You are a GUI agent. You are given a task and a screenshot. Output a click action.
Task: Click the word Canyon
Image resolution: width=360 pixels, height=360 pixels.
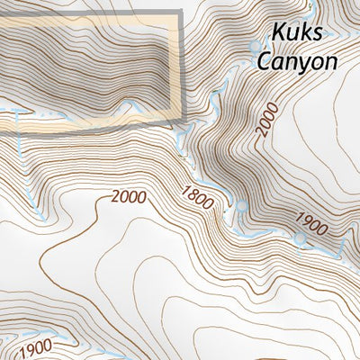coord(296,62)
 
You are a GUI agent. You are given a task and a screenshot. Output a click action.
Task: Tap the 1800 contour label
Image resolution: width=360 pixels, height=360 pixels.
coord(197,197)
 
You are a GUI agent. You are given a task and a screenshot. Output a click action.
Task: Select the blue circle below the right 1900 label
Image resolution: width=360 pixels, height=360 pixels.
coord(300,238)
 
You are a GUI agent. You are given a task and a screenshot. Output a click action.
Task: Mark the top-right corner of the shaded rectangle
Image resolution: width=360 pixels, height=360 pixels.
coord(180,13)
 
